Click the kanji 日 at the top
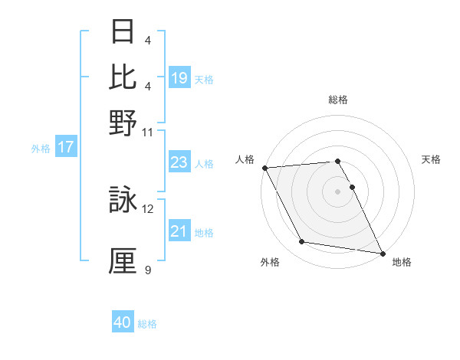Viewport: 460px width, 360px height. click(123, 31)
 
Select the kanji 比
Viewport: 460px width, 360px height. click(123, 77)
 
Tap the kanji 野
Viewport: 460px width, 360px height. click(123, 123)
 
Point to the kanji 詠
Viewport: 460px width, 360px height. click(123, 201)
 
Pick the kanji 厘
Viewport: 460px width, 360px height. click(123, 260)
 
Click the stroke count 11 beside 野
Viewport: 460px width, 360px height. click(148, 132)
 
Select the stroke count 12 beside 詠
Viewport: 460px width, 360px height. click(148, 208)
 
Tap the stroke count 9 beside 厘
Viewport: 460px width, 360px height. click(148, 270)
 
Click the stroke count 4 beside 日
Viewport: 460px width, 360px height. click(148, 40)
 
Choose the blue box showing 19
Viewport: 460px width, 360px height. click(179, 78)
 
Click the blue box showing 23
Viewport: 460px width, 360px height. click(179, 163)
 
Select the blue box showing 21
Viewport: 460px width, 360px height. click(179, 232)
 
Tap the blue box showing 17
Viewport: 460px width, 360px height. click(66, 148)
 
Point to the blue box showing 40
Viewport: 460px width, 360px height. click(123, 323)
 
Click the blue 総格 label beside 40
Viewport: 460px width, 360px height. click(147, 324)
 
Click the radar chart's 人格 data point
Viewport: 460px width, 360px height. click(264, 168)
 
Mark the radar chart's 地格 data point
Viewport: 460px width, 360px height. click(382, 253)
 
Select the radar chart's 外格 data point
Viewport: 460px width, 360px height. click(302, 242)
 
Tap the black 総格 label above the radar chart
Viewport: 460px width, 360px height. click(338, 100)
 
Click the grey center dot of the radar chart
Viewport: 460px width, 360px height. click(338, 191)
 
